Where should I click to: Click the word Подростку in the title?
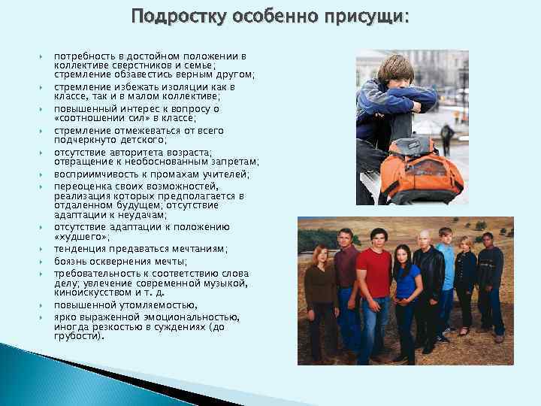pos(171,17)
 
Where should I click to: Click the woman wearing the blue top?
pos(405,297)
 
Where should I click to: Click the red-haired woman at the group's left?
pos(319,297)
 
